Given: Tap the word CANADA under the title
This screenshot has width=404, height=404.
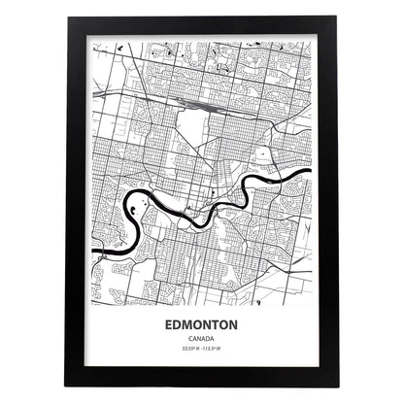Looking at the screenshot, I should (202, 336).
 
